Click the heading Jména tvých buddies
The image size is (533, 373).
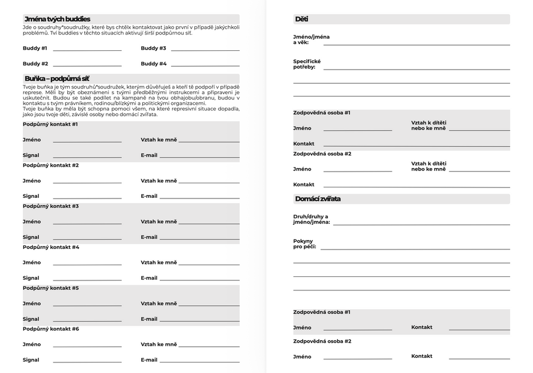click(57, 19)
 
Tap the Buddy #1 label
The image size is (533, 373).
click(35, 48)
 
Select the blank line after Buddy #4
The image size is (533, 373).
click(205, 66)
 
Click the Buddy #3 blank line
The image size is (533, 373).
click(205, 50)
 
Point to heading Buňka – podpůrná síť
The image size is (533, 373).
click(57, 78)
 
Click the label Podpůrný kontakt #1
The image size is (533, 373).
click(50, 124)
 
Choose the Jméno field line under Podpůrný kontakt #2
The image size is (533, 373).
click(87, 183)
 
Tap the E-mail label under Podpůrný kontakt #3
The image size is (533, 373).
click(149, 237)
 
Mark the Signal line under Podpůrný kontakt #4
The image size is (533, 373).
click(87, 280)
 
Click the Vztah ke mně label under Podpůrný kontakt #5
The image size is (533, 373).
click(159, 303)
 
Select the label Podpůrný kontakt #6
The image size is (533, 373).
click(50, 329)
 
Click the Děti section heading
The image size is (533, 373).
click(302, 19)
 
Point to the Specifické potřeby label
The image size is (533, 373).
click(307, 64)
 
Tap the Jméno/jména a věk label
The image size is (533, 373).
click(311, 40)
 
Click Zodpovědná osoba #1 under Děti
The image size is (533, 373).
click(322, 112)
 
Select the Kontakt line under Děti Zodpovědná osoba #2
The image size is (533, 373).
click(416, 187)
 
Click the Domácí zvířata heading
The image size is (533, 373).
click(317, 199)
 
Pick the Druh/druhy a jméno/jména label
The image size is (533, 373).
click(311, 219)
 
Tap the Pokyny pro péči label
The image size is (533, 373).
click(305, 244)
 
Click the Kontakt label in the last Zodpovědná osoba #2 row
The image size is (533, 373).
click(422, 356)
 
